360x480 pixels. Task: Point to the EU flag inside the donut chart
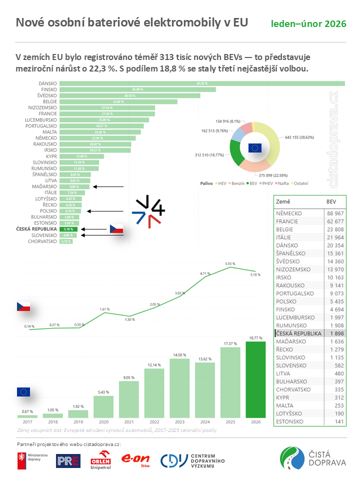pos(254,147)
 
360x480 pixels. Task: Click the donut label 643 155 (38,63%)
pos(302,136)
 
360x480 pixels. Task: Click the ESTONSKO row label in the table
pos(290,421)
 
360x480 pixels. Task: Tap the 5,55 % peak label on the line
pos(230,263)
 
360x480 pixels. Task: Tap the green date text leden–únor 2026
pos(309,24)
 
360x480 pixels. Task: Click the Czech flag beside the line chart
pos(24,306)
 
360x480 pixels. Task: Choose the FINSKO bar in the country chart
pos(137,89)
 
